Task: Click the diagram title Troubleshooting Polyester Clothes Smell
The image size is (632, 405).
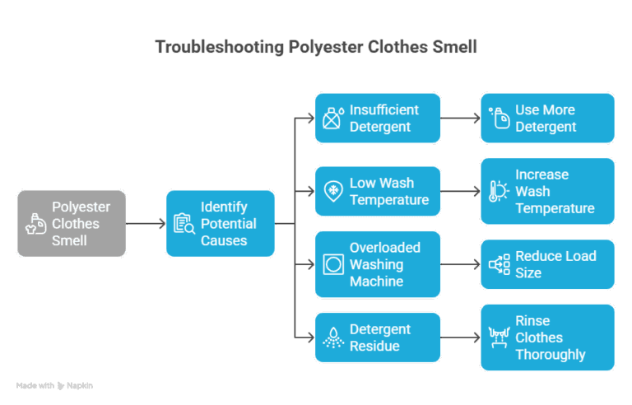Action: (x=316, y=47)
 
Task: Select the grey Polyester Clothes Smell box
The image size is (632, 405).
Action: (x=72, y=223)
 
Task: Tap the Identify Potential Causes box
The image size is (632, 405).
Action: (x=220, y=223)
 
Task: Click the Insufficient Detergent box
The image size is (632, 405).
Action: (x=378, y=119)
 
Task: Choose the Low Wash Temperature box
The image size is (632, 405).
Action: (x=378, y=191)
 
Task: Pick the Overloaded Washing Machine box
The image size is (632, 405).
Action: (x=378, y=264)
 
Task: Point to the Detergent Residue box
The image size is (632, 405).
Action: (x=378, y=337)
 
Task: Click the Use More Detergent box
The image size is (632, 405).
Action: (x=547, y=119)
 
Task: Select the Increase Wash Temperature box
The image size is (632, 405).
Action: (x=547, y=191)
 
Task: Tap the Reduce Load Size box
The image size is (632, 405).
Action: (x=547, y=264)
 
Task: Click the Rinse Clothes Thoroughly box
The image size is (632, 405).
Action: (x=547, y=337)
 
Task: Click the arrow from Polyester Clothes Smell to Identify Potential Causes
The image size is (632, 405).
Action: (x=146, y=223)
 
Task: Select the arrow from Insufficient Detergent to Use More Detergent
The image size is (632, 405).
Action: (x=460, y=119)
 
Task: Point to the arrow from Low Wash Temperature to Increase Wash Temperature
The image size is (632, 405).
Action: (x=460, y=192)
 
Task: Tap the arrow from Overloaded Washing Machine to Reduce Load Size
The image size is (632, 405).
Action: (x=460, y=265)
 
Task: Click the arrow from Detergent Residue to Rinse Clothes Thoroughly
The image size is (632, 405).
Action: (x=460, y=337)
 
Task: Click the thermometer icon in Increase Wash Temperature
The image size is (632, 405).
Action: (x=497, y=192)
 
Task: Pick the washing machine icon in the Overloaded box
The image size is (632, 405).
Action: (x=332, y=265)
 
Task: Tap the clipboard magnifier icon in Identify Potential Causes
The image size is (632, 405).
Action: (x=184, y=224)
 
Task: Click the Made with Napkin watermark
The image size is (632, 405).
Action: (x=54, y=385)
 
